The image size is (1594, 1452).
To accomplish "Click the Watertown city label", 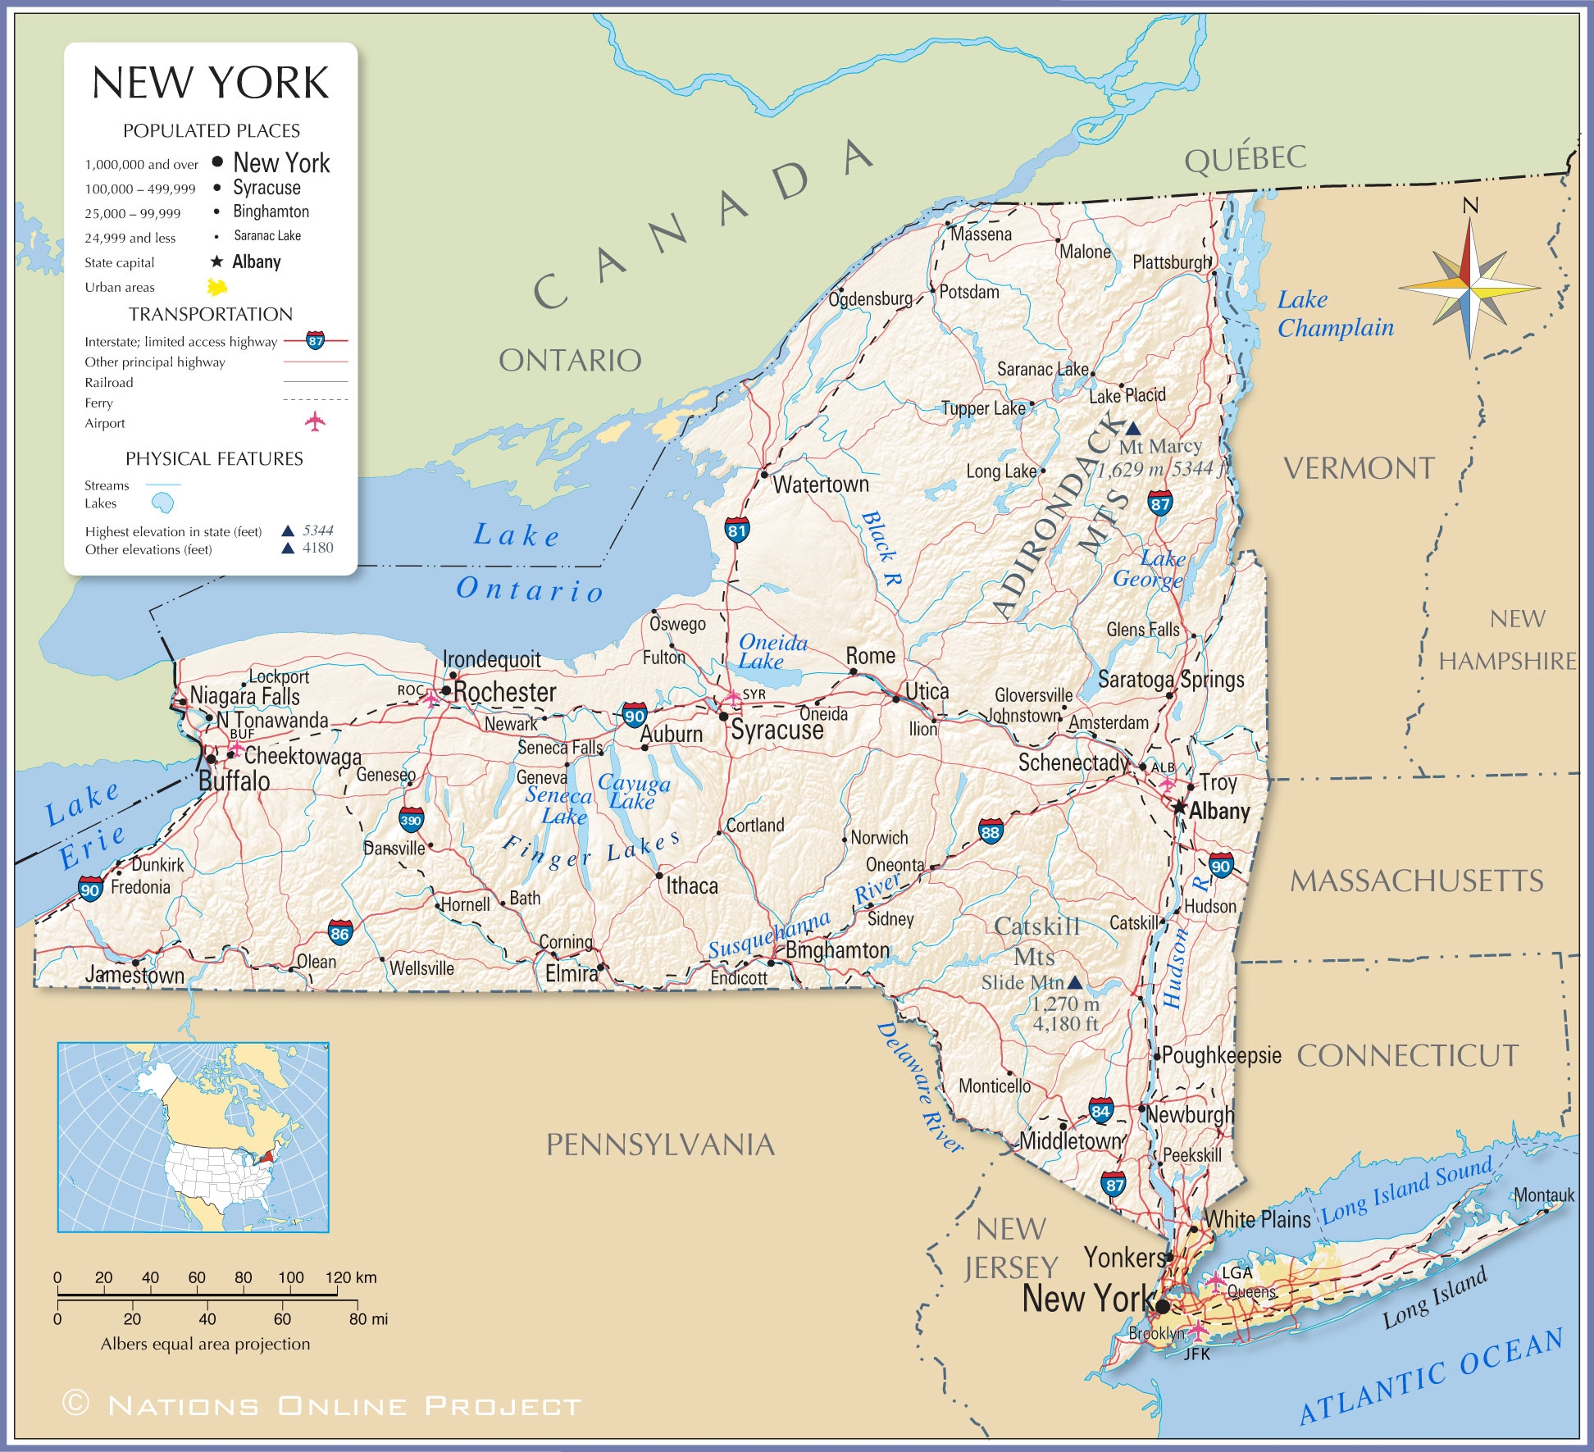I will coord(820,485).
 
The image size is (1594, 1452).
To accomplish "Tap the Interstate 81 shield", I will coord(736,530).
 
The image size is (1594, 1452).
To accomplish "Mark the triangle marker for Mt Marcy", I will coord(1132,428).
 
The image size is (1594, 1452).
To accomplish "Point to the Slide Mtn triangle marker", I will coord(1074,981).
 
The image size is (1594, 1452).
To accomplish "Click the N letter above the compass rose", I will coord(1470,206).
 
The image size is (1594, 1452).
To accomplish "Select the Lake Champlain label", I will coord(1334,314).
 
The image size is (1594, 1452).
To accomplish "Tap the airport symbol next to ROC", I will coord(431,699).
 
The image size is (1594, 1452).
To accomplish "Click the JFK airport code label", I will coord(1197,1354).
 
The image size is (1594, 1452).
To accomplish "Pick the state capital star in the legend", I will coord(216,262).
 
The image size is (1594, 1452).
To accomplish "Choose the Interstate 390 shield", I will coord(411,819).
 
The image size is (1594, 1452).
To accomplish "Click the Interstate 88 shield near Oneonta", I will coord(991,832).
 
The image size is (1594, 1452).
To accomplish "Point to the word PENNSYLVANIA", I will coord(660,1145).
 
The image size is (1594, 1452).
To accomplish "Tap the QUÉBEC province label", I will coord(1245,158).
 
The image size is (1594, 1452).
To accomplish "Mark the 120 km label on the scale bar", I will coord(351,1277).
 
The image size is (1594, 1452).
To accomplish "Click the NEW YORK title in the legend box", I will coord(211,83).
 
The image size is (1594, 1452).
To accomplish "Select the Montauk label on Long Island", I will coord(1543,1195).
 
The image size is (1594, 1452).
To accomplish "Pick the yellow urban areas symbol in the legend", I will coord(217,287).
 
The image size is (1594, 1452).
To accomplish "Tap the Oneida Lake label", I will coord(772,652).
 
